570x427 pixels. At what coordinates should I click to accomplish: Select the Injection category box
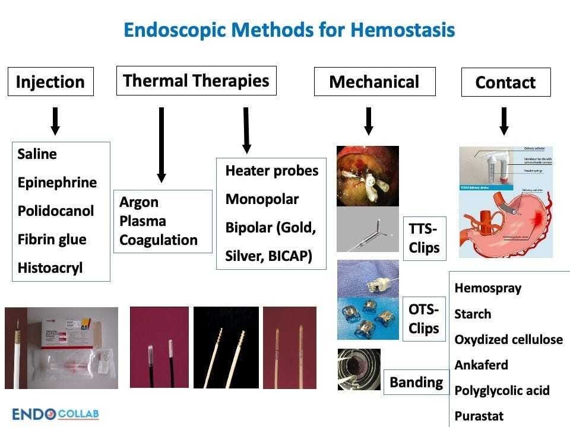(x=50, y=82)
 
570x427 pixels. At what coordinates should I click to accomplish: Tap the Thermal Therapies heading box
(x=196, y=80)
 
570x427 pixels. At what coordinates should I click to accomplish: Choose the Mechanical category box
(x=374, y=82)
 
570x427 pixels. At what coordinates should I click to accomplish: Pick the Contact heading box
(x=505, y=82)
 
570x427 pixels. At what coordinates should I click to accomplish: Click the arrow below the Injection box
(x=55, y=121)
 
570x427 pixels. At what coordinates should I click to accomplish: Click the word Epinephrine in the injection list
(x=57, y=182)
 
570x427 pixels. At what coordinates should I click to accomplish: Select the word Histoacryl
(x=50, y=267)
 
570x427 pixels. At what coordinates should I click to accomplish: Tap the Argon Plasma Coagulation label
(x=159, y=221)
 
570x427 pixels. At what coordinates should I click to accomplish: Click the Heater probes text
(x=272, y=171)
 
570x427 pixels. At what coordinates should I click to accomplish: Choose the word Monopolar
(x=262, y=199)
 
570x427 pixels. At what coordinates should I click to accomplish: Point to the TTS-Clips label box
(x=425, y=237)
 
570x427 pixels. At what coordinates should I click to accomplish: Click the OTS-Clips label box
(x=424, y=318)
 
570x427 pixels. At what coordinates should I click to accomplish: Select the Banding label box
(x=416, y=383)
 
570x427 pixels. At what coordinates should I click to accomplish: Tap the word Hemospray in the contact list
(x=487, y=288)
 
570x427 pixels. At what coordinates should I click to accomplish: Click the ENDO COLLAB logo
(x=56, y=413)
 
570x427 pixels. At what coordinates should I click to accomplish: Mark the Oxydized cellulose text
(x=508, y=340)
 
